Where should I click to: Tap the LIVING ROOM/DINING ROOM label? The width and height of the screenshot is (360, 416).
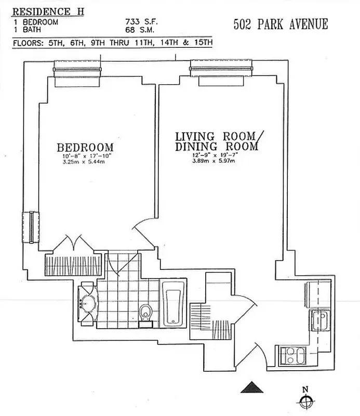click(216, 141)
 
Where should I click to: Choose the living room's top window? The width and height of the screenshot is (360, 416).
click(221, 67)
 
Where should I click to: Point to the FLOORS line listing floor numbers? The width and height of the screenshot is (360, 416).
click(112, 43)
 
